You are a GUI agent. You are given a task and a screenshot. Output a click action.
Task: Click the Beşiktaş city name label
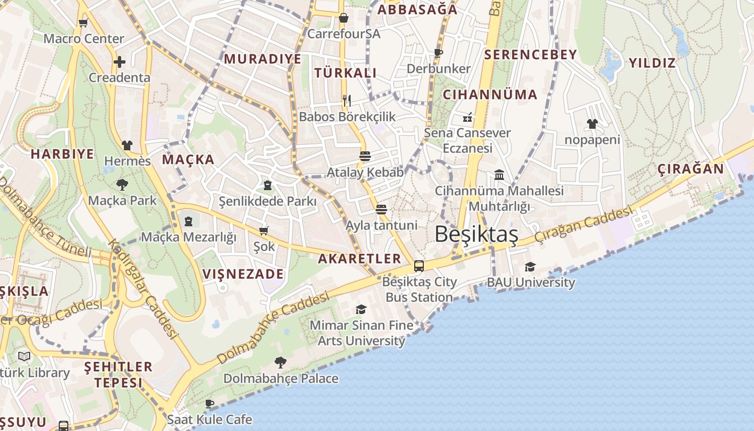[x=476, y=234]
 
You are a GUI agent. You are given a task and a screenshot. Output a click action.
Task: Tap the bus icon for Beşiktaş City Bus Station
[x=418, y=266]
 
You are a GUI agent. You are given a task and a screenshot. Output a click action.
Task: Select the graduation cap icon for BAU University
[x=530, y=267]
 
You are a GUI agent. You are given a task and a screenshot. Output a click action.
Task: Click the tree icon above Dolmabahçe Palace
[x=280, y=362]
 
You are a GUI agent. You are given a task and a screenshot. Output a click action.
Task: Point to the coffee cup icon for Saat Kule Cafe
[x=210, y=404]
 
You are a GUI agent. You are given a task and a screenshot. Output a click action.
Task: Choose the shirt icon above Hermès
[x=127, y=145]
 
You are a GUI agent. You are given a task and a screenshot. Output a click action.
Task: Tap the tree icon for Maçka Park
[x=122, y=185]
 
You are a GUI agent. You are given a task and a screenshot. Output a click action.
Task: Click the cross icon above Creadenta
[x=119, y=62]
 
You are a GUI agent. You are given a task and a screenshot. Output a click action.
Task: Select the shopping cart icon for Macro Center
[x=83, y=23]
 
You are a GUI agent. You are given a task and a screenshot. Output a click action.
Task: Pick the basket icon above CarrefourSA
[x=344, y=18]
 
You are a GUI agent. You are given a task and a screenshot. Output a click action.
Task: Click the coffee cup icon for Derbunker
[x=438, y=53]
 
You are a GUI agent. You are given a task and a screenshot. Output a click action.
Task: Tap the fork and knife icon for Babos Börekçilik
[x=347, y=101]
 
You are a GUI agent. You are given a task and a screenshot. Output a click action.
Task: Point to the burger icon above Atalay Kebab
[x=365, y=156]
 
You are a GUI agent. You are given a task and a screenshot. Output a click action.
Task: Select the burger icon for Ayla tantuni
[x=381, y=209]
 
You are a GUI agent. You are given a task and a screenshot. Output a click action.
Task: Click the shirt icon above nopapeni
[x=592, y=124]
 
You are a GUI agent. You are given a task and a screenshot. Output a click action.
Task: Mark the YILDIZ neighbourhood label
[x=652, y=63]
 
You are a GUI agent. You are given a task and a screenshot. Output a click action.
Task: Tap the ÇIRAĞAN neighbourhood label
[x=690, y=169]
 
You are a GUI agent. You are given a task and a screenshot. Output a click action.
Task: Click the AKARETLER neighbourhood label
[x=359, y=259]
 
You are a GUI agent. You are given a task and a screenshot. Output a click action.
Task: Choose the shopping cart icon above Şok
[x=264, y=231]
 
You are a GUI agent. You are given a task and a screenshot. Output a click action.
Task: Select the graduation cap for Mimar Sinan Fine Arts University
[x=361, y=309]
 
